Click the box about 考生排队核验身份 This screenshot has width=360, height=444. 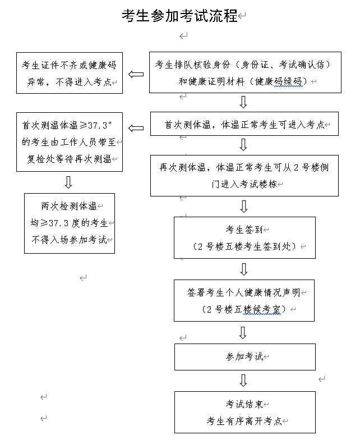tap(244, 73)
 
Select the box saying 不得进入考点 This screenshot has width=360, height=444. tap(70, 73)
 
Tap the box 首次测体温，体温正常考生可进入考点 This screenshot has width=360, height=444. tap(244, 124)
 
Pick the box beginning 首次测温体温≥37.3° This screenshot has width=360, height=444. tap(70, 141)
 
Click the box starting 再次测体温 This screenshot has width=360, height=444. tap(244, 175)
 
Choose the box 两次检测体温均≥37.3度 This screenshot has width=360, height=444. tap(70, 223)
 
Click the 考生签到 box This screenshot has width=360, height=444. tap(244, 237)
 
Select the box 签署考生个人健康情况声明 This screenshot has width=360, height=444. tap(244, 300)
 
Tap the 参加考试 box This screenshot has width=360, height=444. tap(244, 357)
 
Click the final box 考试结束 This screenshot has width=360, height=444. tap(244, 412)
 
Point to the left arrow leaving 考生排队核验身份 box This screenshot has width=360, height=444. tap(136, 74)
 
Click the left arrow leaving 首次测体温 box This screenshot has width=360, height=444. tap(136, 129)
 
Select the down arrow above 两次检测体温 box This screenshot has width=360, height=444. tap(68, 182)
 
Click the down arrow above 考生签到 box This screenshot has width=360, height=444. tap(243, 206)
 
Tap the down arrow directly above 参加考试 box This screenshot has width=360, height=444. tap(243, 332)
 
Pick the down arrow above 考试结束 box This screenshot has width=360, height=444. tap(243, 380)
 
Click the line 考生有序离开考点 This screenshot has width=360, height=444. tap(244, 421)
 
